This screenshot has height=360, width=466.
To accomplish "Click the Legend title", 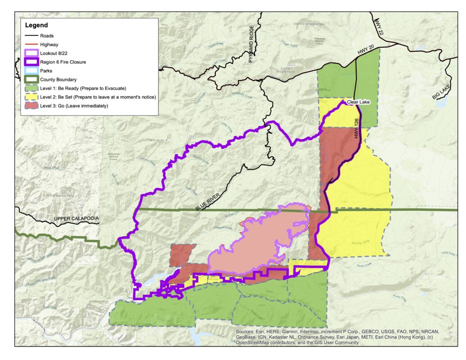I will (x=36, y=25).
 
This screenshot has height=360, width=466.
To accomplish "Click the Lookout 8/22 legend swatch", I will (x=30, y=54).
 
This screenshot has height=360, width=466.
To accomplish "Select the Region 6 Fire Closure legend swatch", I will (x=30, y=62).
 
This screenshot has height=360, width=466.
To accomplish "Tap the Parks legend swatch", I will (x=30, y=71).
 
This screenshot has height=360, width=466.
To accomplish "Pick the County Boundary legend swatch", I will (x=30, y=80).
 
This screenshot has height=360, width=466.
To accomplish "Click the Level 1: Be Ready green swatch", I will (x=30, y=88).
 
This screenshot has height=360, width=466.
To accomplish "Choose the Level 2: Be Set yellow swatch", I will (x=30, y=97).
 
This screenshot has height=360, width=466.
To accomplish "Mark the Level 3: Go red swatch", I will (x=30, y=106).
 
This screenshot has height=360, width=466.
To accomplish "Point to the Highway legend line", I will (x=30, y=45).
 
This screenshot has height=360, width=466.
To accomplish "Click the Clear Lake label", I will (x=358, y=103).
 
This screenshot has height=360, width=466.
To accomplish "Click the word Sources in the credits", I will (x=246, y=332).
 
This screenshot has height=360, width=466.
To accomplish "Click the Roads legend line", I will (x=30, y=36).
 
